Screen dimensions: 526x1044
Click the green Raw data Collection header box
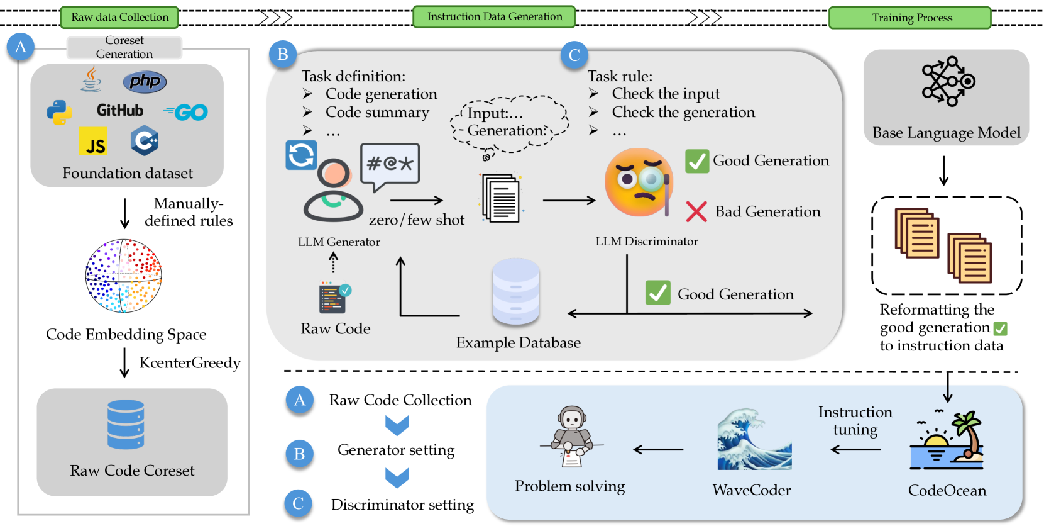point(119,17)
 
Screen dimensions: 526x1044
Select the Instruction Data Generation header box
point(494,17)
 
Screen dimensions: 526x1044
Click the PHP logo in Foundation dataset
point(145,81)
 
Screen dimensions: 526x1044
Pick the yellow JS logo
point(93,142)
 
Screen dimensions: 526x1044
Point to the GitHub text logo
point(119,111)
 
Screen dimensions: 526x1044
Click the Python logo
point(59,112)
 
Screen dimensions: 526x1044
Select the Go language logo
point(186,112)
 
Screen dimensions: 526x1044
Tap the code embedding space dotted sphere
point(123,276)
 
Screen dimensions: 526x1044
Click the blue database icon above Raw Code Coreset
point(126,425)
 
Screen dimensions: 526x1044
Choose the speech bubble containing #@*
point(389,165)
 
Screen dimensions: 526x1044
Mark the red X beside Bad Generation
point(696,211)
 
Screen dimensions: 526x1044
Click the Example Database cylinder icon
point(515,291)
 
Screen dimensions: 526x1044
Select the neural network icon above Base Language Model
point(947,81)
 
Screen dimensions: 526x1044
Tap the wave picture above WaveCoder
point(754,440)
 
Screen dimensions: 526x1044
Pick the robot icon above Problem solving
point(571,436)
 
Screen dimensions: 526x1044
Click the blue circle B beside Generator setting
point(300,454)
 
